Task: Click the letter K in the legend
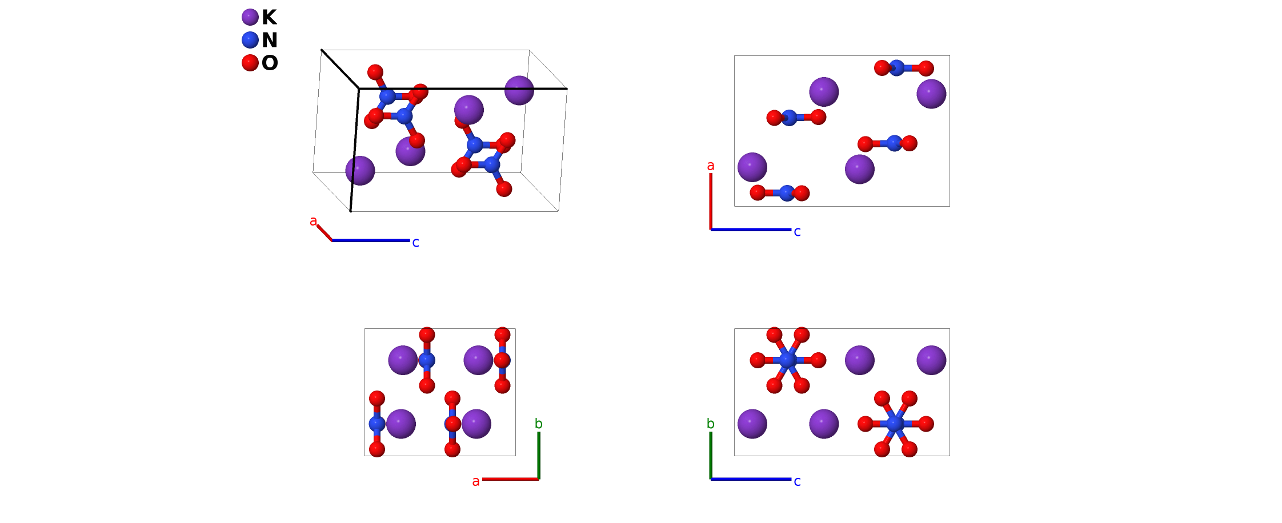(269, 18)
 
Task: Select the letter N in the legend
(269, 40)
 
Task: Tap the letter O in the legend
(270, 63)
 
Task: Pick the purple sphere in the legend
(250, 17)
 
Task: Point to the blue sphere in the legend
(250, 40)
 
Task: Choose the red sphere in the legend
(250, 63)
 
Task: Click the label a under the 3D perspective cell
(313, 221)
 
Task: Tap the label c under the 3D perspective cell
(415, 243)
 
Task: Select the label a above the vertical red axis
(710, 166)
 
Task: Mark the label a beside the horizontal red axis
(475, 481)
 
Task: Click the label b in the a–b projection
(538, 424)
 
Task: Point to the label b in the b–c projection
(710, 424)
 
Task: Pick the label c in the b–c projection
(797, 481)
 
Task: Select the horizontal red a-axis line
(510, 479)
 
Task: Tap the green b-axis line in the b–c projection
(711, 455)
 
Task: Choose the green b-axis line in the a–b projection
(539, 455)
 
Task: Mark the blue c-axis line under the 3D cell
(371, 240)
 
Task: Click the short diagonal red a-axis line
(324, 233)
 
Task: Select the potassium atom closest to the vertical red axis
(752, 167)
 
